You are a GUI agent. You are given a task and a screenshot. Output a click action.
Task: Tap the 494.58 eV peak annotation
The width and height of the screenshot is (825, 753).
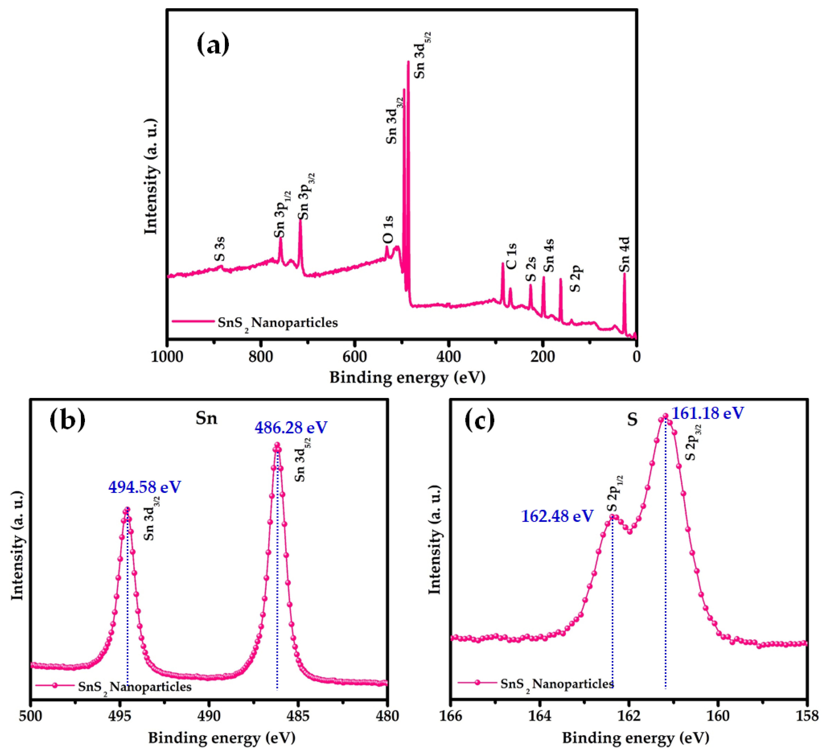click(x=144, y=487)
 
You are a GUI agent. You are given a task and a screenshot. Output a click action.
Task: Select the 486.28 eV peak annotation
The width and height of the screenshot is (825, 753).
click(x=291, y=428)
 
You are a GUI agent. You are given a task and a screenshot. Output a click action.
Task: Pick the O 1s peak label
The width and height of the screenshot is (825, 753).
click(x=388, y=230)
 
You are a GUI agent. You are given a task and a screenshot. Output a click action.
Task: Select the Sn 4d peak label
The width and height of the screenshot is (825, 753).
click(x=625, y=254)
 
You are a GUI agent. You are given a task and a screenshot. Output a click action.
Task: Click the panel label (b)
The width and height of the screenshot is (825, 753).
click(x=67, y=420)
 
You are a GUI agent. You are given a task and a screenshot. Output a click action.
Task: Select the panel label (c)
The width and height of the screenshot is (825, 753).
click(x=480, y=420)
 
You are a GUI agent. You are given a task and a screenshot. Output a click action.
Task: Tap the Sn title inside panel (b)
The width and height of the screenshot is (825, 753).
click(x=206, y=418)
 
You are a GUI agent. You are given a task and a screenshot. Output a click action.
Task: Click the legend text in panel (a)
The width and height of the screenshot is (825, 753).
click(x=277, y=323)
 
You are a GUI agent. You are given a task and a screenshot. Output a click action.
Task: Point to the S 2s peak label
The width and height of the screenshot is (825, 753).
click(x=531, y=269)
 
